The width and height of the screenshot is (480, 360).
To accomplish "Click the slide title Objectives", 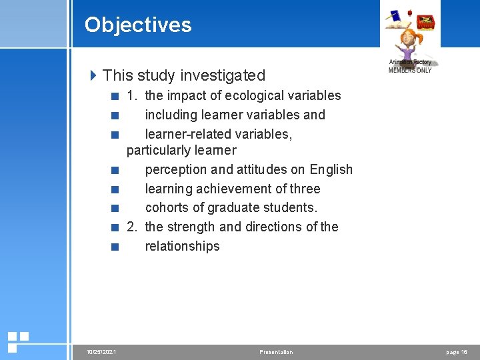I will click(x=138, y=25).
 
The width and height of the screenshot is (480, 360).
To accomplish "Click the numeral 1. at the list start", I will click(x=132, y=95).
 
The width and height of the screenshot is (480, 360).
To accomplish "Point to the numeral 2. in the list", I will click(x=132, y=227).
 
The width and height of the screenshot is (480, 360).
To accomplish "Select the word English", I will click(x=331, y=169).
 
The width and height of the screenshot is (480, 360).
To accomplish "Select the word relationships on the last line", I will click(x=182, y=246).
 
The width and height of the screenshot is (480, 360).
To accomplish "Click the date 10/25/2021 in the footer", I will click(x=101, y=352).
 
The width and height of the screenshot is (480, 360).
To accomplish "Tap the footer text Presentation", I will click(x=276, y=352).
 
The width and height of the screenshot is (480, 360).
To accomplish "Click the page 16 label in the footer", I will click(x=457, y=352).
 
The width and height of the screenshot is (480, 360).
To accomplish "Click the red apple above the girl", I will click(x=409, y=12).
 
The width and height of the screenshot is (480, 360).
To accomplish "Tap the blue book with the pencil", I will click(x=395, y=16).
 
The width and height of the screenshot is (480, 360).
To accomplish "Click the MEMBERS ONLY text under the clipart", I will click(x=410, y=70).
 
